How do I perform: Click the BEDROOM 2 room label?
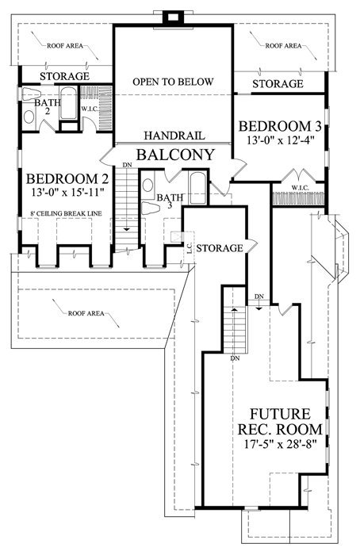pos(67,178)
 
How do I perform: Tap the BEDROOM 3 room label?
pos(280,126)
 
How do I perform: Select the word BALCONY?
pos(176,155)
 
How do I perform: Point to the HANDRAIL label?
pos(174,136)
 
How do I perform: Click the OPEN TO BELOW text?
pos(173,82)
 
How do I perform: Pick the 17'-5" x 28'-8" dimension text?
pos(280,443)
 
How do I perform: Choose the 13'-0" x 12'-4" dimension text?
pos(281,140)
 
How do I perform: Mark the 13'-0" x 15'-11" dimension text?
pos(67,193)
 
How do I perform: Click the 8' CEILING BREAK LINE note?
pos(66,213)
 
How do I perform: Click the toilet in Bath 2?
pos(32,94)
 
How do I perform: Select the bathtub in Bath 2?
pos(68,103)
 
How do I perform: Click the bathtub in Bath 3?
pos(197,188)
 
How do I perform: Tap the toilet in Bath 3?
pos(151,209)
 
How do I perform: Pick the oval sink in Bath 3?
pos(147,185)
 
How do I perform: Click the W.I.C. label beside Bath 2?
pos(89,109)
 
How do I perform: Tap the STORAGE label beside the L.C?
pos(220,247)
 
